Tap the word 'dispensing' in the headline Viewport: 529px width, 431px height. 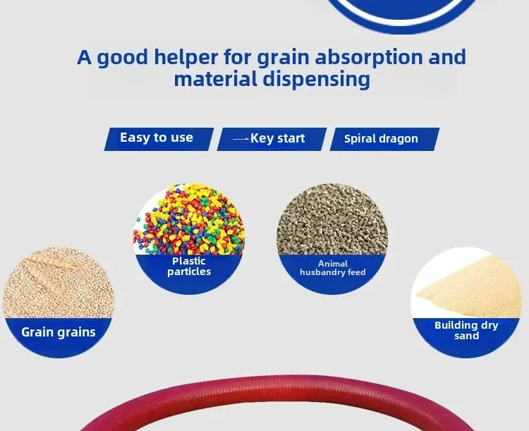point(316,80)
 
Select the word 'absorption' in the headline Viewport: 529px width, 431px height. point(369,57)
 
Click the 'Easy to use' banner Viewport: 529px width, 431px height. point(159,139)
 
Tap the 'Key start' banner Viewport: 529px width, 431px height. point(272,139)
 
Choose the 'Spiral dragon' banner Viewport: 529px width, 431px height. point(384,139)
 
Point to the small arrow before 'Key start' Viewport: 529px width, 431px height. point(241,139)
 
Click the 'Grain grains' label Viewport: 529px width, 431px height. point(59,332)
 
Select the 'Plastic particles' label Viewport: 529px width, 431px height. point(189,267)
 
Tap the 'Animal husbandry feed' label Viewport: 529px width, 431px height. point(333,268)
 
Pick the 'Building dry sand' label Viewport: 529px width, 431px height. point(466,330)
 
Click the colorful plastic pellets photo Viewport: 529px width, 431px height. point(189,219)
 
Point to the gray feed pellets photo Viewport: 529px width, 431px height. point(332,219)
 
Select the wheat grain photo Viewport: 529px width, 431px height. point(59,283)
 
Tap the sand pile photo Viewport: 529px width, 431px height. point(466,283)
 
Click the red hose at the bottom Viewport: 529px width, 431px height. point(276,388)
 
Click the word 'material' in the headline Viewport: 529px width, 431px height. point(216,79)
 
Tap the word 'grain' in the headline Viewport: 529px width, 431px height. point(283,57)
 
